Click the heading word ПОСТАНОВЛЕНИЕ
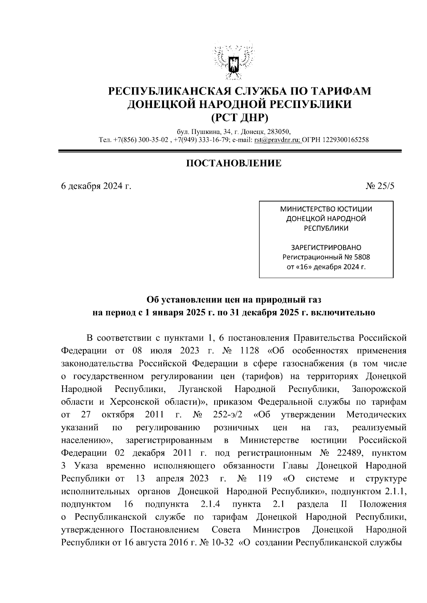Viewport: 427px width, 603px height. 234,163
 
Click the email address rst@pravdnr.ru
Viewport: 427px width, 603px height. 277,140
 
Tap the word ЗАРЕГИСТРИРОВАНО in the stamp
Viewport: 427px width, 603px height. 326,247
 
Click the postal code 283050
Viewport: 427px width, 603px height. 278,131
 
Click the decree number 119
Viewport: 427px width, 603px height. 265,478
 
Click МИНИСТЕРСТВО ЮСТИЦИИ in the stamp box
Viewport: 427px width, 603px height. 326,209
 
